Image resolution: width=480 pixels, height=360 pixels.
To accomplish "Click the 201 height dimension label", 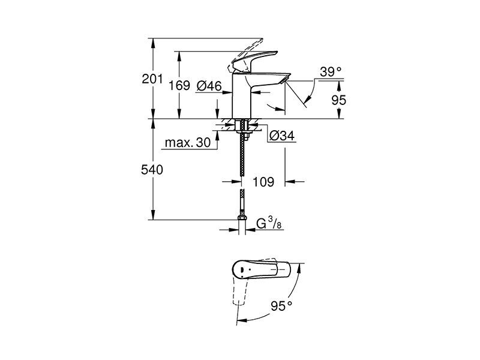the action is (x=152, y=79).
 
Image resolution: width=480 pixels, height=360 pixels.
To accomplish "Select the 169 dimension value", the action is (x=179, y=85).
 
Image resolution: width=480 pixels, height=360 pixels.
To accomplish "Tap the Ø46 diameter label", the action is (x=209, y=86).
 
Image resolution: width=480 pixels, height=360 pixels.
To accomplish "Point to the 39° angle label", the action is (x=331, y=72).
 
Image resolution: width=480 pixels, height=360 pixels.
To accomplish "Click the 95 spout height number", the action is (x=339, y=100).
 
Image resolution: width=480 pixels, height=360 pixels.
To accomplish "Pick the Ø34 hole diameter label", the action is (x=281, y=136).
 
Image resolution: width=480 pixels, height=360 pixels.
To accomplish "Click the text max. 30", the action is (x=188, y=142).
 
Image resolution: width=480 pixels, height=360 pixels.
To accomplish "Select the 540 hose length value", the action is (x=152, y=170).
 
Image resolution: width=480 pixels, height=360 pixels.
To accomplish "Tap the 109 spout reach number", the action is (x=263, y=182).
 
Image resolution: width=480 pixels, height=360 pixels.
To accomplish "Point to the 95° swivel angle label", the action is (x=281, y=306).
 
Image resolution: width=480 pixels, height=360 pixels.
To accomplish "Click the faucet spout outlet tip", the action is (x=286, y=80).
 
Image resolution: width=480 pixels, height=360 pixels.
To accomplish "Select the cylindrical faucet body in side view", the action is (x=242, y=96).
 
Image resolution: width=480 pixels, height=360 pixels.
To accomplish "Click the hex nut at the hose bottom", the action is (x=242, y=218).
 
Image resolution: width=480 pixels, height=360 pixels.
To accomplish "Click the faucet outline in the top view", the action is (x=261, y=269).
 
